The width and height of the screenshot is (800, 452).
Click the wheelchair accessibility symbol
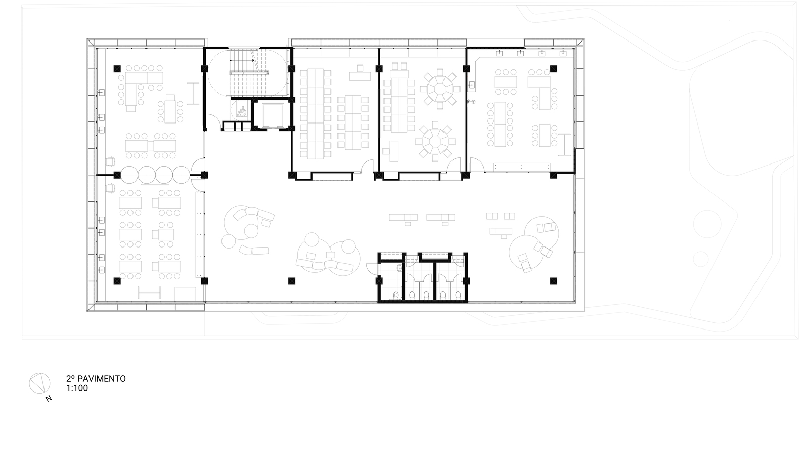[242, 111]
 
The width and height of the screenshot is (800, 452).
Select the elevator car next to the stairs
[273, 115]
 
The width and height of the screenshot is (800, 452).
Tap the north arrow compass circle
[39, 383]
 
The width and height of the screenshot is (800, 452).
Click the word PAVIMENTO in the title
[102, 379]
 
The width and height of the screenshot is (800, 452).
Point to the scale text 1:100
[77, 388]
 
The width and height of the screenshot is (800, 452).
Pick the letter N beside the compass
[49, 399]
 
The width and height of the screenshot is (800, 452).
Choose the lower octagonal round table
[435, 141]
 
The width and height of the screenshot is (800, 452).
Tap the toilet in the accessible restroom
[396, 296]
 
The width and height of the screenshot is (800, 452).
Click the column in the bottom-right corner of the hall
[554, 281]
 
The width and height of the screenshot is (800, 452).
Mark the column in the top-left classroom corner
[117, 69]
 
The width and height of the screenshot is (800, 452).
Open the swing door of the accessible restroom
[372, 269]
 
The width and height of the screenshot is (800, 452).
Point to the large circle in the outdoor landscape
[707, 224]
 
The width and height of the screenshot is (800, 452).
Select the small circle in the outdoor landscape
[701, 259]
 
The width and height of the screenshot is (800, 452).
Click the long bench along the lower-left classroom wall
[200, 234]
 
